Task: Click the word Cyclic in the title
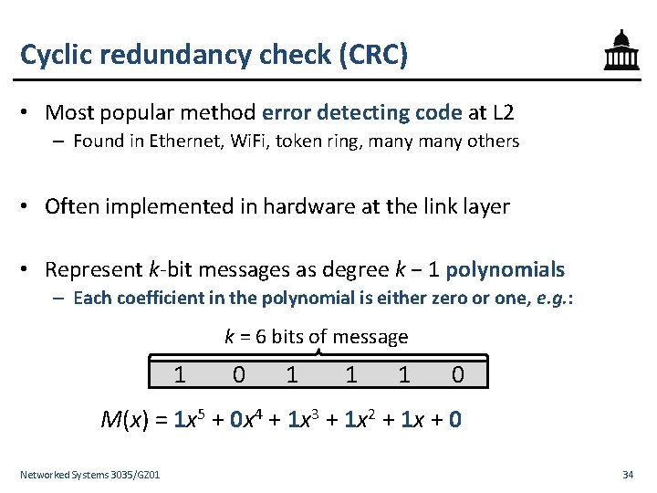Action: (x=54, y=55)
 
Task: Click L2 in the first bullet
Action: (x=503, y=113)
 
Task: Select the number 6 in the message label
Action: (x=261, y=337)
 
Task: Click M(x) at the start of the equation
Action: (x=126, y=420)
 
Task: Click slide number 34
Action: (x=628, y=475)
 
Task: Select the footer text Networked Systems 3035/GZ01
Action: (x=90, y=475)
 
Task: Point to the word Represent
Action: (x=93, y=270)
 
